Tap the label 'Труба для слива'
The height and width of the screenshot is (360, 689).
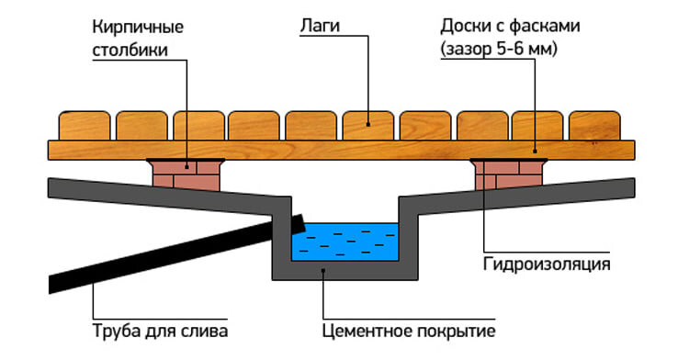[160, 330]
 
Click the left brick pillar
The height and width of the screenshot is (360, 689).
[187, 174]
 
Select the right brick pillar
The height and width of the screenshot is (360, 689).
[508, 174]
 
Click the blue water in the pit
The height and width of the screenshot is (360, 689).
[344, 242]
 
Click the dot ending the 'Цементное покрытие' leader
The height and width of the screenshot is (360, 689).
[322, 270]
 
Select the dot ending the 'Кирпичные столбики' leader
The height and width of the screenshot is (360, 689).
[187, 165]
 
